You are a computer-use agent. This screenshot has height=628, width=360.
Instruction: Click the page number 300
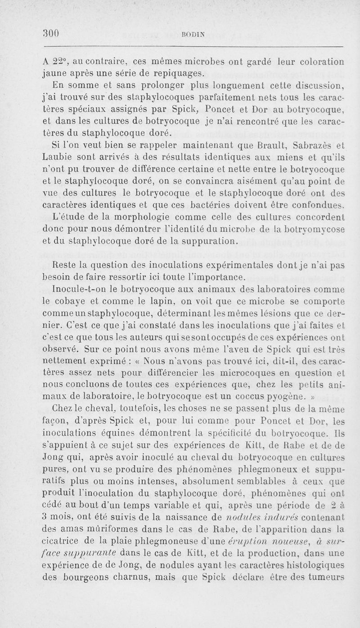[51, 33]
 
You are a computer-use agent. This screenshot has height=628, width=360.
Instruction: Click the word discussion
[316, 85]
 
